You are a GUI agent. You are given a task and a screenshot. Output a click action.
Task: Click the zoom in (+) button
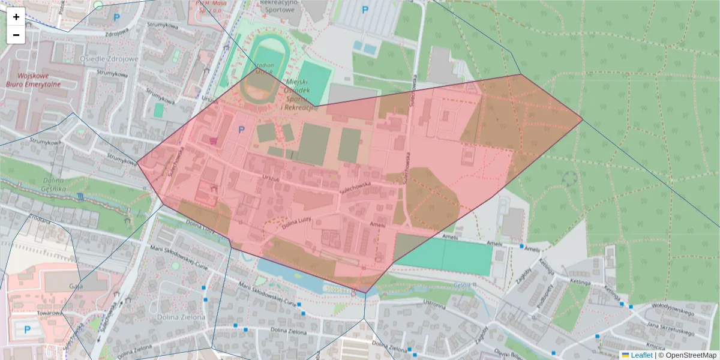pos(16,17)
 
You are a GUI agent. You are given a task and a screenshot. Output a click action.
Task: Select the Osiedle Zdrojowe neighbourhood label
pos(109,59)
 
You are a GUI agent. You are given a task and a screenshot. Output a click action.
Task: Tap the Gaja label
pos(75,286)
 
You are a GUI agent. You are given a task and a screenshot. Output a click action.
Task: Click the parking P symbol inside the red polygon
pos(242,130)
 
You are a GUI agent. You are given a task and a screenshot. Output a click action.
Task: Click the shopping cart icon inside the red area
pos(214,140)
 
